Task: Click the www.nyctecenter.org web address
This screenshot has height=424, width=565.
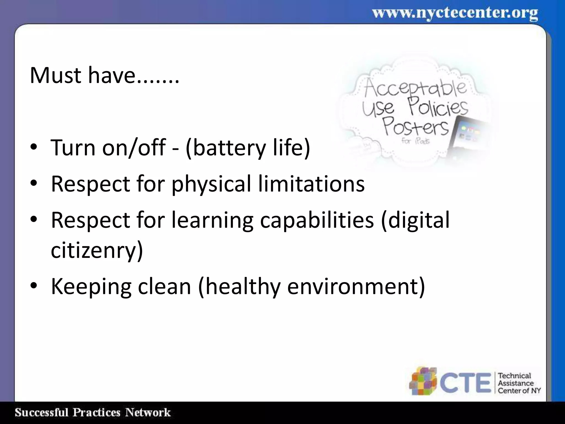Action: click(x=455, y=13)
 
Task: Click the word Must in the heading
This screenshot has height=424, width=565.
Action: click(x=55, y=75)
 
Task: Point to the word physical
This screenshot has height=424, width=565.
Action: click(x=211, y=184)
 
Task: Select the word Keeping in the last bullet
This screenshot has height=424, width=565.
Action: click(x=91, y=287)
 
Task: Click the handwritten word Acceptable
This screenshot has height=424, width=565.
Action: click(x=415, y=88)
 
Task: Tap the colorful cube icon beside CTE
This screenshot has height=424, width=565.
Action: click(x=423, y=381)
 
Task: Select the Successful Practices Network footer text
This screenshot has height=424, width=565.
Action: click(x=93, y=413)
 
